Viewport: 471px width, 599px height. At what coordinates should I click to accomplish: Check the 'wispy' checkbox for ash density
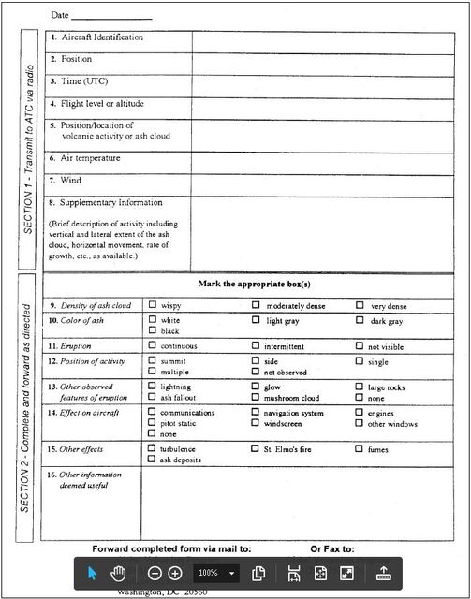pyautogui.click(x=152, y=306)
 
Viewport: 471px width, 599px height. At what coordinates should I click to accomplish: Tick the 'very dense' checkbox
pyautogui.click(x=360, y=306)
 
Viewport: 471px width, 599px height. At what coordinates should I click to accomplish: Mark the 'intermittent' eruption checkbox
pyautogui.click(x=256, y=345)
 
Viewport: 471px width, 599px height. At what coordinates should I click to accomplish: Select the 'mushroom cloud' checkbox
pyautogui.click(x=256, y=398)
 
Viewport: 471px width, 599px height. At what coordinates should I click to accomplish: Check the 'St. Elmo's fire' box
pyautogui.click(x=256, y=449)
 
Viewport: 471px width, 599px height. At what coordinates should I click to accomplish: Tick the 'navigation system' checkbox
pyautogui.click(x=256, y=413)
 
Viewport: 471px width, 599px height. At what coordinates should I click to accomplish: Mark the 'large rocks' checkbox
pyautogui.click(x=360, y=387)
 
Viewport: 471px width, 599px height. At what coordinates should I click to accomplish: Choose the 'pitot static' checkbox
pyautogui.click(x=152, y=423)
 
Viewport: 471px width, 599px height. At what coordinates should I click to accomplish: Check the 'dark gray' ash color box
pyautogui.click(x=360, y=321)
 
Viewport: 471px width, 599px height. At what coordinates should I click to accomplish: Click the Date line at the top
pyautogui.click(x=110, y=16)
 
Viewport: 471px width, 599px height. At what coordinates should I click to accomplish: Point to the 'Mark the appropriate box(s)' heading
pyautogui.click(x=254, y=284)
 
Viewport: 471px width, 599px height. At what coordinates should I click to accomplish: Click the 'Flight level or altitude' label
pyautogui.click(x=102, y=104)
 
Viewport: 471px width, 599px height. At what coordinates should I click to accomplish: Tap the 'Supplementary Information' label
pyautogui.click(x=110, y=203)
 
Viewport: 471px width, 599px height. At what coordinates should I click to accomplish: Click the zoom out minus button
pyautogui.click(x=155, y=573)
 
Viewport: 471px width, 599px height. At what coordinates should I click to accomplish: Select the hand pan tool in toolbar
pyautogui.click(x=119, y=573)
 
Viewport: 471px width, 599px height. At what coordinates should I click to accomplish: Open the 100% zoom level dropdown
pyautogui.click(x=231, y=573)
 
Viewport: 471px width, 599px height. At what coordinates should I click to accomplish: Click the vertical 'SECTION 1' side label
pyautogui.click(x=29, y=150)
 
